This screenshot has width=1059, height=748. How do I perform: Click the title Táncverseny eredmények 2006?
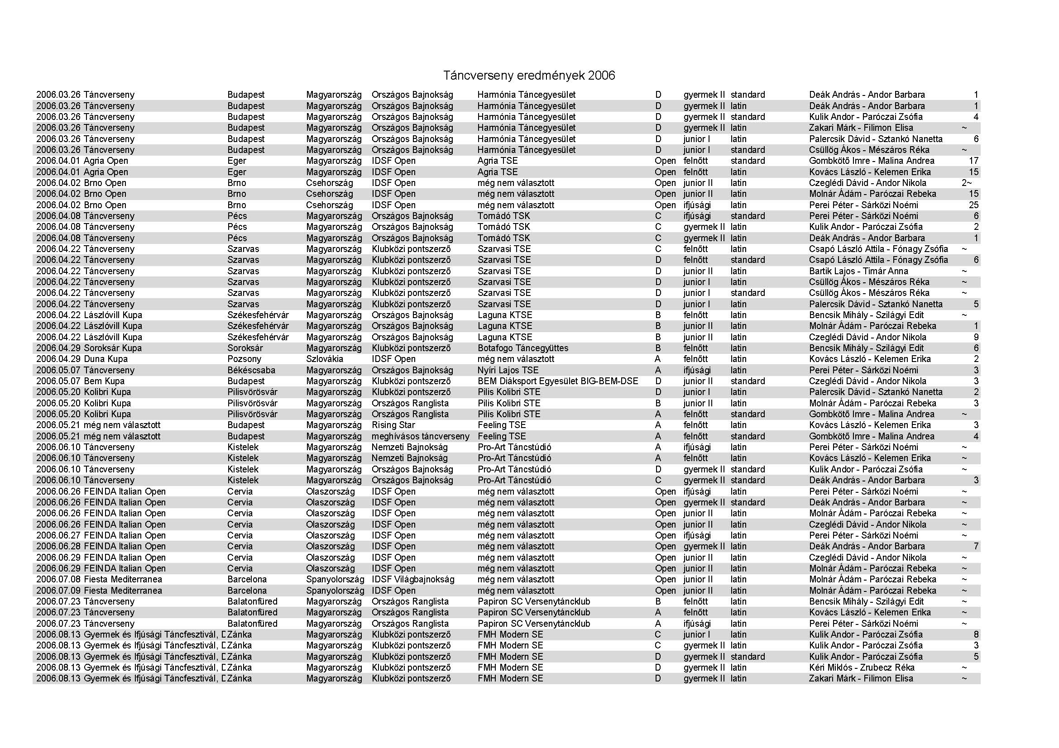pos(529,76)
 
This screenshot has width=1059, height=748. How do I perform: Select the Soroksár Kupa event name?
pos(113,348)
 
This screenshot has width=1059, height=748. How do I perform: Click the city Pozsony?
pos(244,359)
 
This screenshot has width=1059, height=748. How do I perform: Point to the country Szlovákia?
pos(325,359)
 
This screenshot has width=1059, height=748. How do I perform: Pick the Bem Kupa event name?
pos(104,381)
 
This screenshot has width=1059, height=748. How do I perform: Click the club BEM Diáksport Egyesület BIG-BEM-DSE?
pos(558,381)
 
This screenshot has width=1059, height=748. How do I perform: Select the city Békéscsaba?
pos(251,370)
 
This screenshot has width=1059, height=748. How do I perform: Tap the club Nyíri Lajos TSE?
pos(508,370)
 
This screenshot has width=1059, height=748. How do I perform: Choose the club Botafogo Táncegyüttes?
pos(522,348)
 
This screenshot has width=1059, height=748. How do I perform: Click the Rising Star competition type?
pos(393,425)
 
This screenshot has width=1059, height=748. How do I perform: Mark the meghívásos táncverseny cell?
pos(420,436)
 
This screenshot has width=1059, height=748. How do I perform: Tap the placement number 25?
pos(973,205)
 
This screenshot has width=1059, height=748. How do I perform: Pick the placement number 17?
pos(973,161)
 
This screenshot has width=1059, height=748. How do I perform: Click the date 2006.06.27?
pos(58,535)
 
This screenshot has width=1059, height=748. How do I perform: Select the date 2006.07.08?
pos(58,579)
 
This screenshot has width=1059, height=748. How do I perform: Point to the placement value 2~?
pos(967,183)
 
